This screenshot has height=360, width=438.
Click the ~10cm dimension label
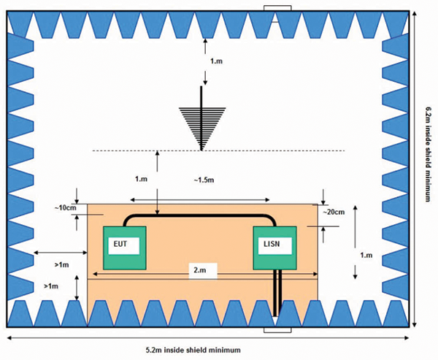[64, 208]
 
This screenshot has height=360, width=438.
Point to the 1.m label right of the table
[367, 255]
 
